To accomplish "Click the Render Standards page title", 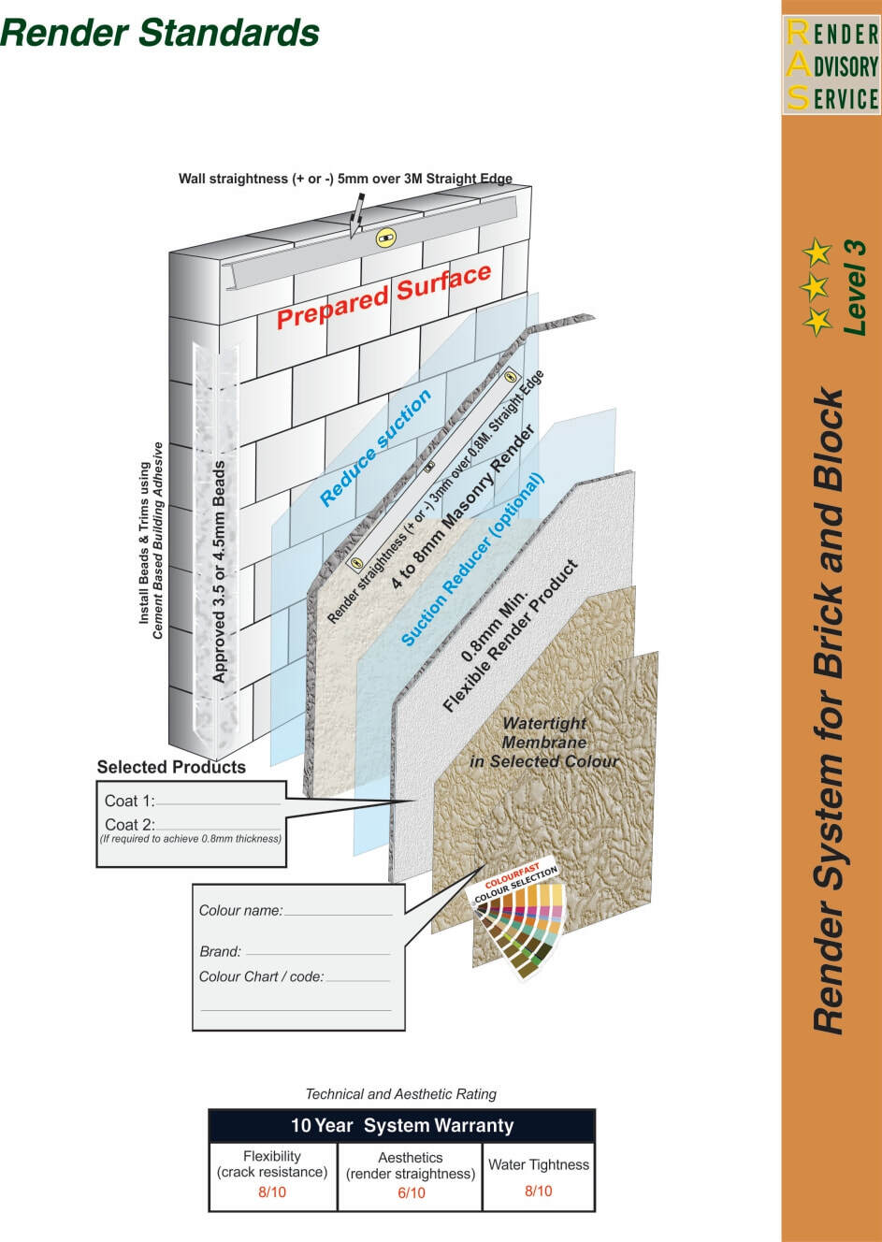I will tap(160, 33).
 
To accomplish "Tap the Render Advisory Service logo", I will tap(831, 66).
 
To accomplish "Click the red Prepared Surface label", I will tap(383, 296).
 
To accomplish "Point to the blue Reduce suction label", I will tap(376, 448).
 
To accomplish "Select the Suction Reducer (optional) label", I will tap(472, 560).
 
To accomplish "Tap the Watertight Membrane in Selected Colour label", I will tap(543, 743).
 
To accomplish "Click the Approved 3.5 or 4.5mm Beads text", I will tap(219, 570).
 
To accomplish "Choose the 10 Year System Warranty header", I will tap(401, 1126).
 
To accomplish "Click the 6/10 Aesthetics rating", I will tap(411, 1192).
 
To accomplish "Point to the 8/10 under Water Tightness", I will tap(538, 1191).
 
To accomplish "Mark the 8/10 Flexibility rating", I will tap(272, 1192).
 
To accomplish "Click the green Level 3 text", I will tap(855, 288).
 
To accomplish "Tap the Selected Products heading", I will tap(171, 767).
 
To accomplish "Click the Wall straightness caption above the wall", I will tap(345, 179).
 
